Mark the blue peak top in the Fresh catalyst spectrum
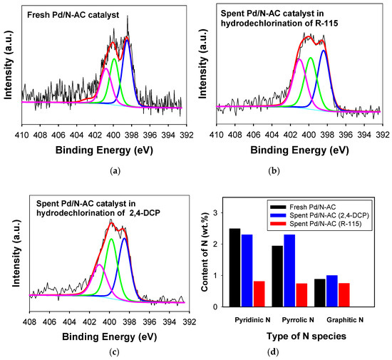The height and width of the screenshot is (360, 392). click(x=127, y=40)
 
